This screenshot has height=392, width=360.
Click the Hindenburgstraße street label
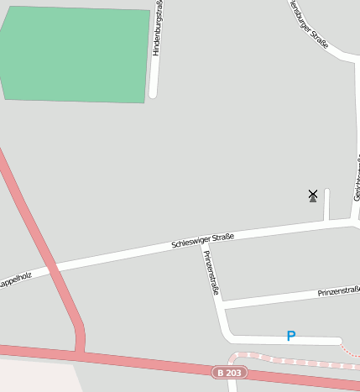(x=159, y=29)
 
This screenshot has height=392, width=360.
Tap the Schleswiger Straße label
(x=202, y=240)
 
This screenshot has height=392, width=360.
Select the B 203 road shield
(x=230, y=372)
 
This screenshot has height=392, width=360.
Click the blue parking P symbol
(x=291, y=336)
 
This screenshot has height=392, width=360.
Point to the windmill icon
(x=313, y=196)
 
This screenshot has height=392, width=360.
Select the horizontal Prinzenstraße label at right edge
(x=338, y=291)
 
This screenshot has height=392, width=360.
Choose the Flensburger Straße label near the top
(x=308, y=24)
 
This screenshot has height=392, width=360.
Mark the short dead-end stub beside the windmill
(x=326, y=204)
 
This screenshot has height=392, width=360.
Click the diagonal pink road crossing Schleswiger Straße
(x=52, y=269)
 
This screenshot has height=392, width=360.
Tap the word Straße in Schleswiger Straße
(x=221, y=237)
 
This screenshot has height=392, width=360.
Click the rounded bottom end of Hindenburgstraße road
(x=153, y=94)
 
